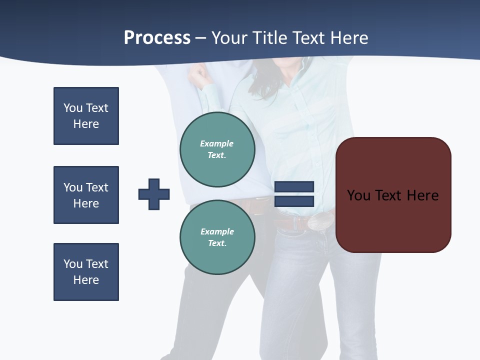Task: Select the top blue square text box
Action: pos(86,116)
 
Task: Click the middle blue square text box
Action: pos(86,195)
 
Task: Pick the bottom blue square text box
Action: pos(86,272)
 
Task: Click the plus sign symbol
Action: pos(154,194)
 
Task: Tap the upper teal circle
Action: pos(217,149)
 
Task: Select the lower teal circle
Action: pos(217,237)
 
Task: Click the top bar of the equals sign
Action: pos(294,186)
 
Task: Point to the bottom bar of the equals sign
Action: pos(294,201)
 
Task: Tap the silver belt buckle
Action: pos(320,220)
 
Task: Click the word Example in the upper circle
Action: pos(216,143)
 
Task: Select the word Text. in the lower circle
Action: pos(217,243)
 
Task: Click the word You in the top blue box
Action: pos(73,108)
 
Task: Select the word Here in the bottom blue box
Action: pos(86,280)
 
